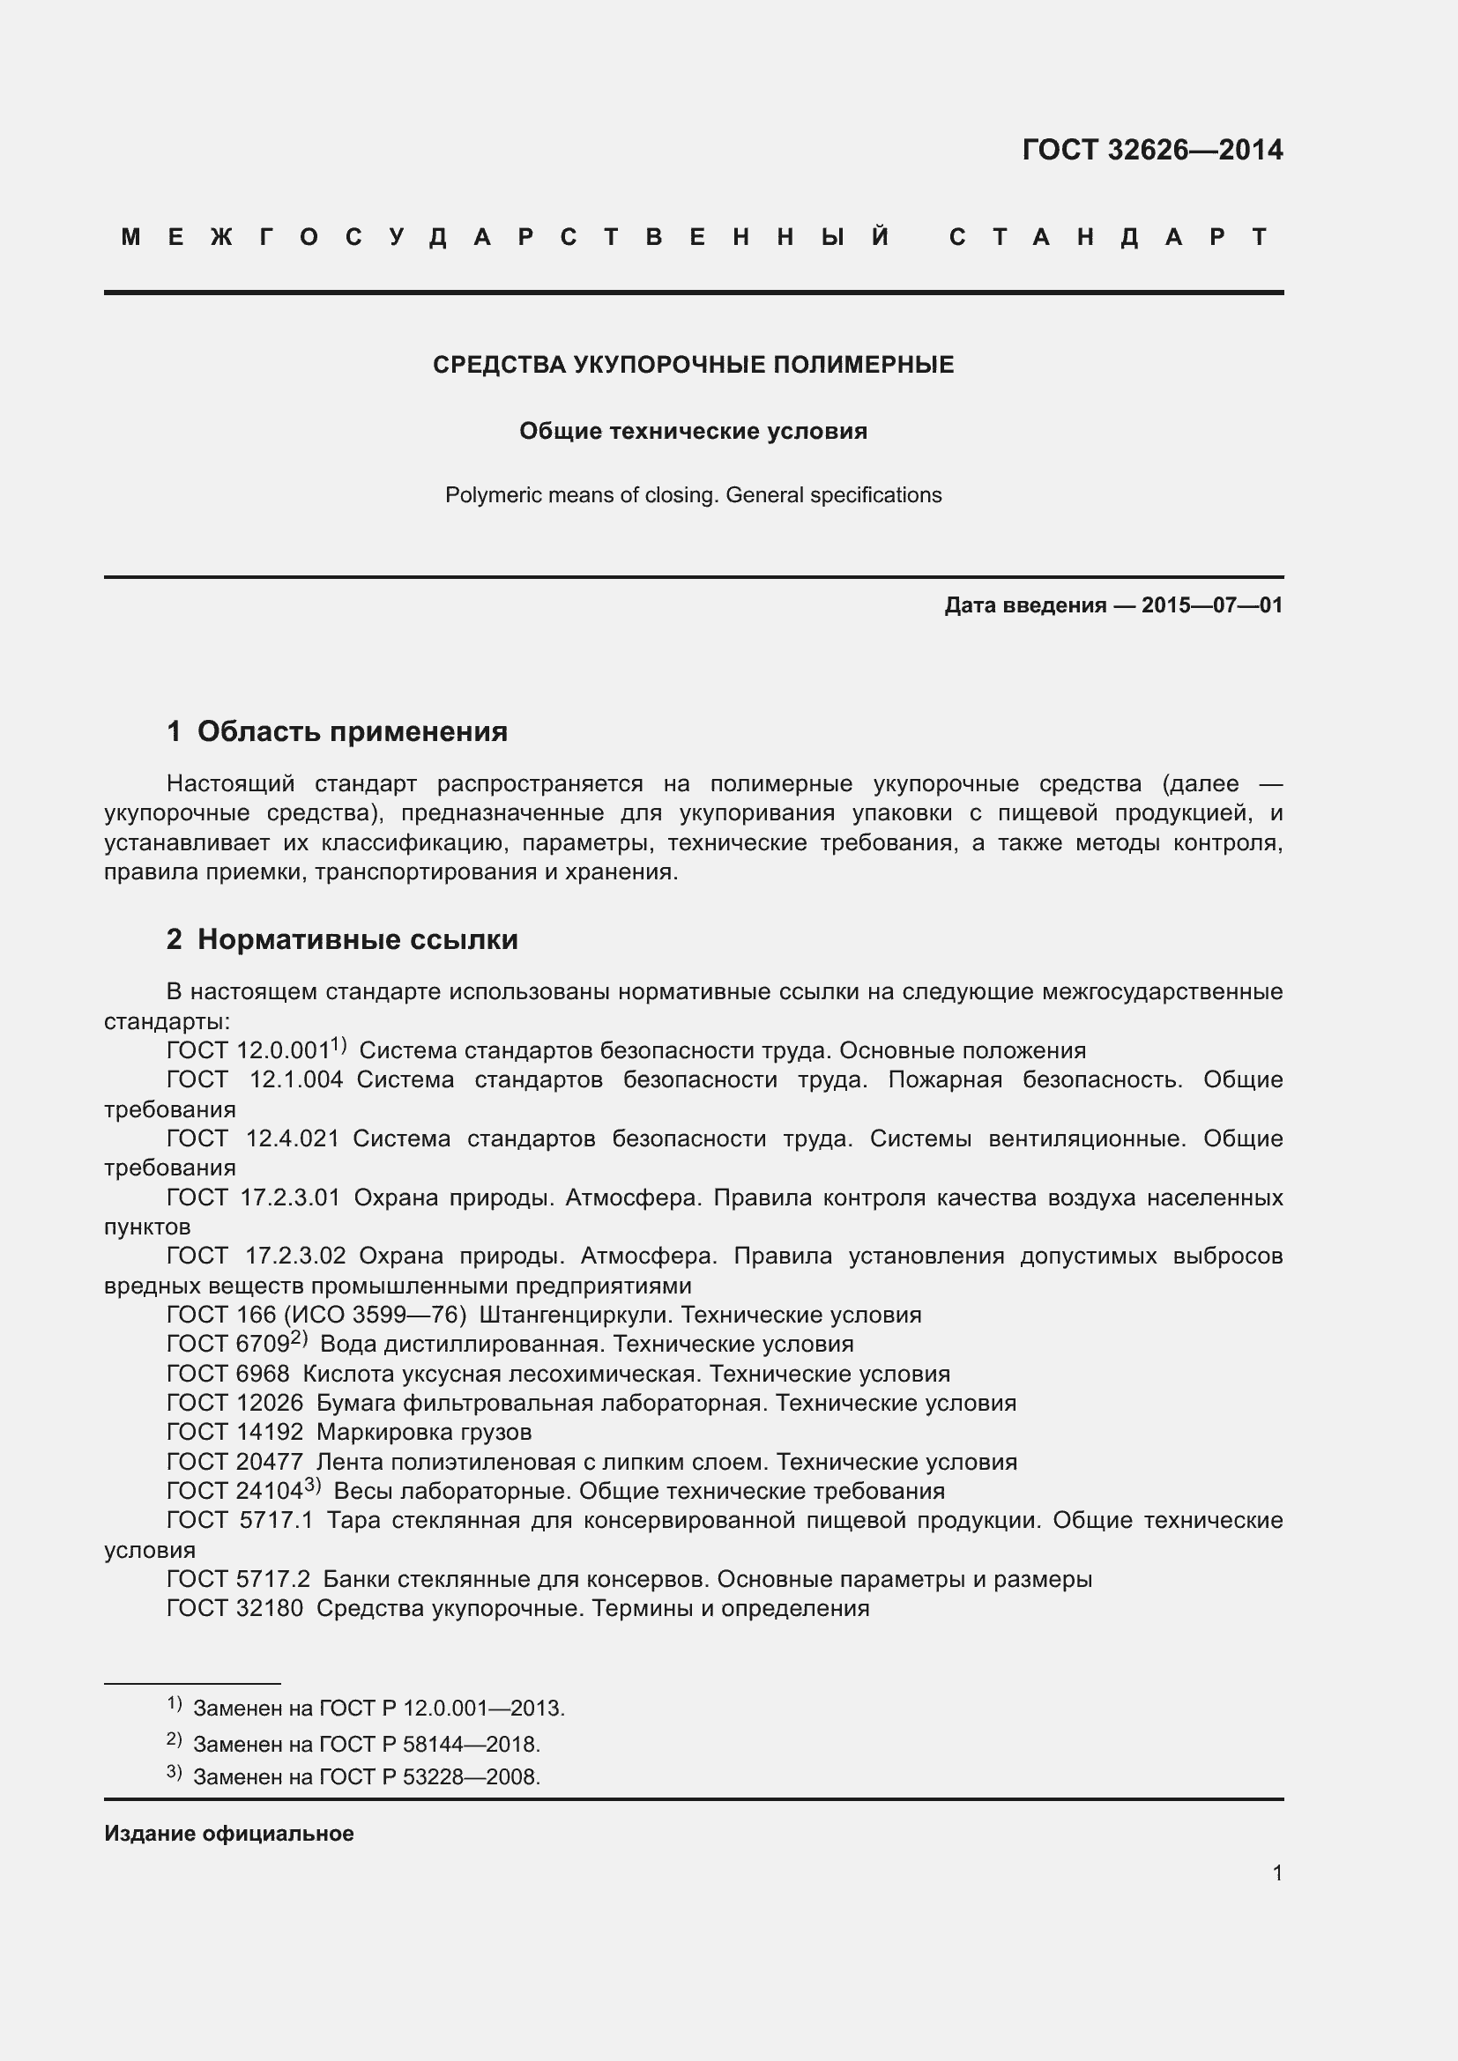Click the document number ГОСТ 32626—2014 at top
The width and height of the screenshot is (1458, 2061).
coord(1152,150)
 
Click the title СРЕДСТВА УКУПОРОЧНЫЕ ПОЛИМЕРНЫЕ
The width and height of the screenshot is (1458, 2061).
coord(693,365)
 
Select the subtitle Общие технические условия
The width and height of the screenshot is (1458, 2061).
coord(693,432)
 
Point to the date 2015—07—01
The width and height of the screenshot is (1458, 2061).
coord(1212,605)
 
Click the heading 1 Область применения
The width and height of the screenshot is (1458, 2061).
coord(338,731)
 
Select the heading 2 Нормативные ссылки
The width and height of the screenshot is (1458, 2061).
coord(342,940)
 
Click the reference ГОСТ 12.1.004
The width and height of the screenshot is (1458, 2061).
coord(255,1080)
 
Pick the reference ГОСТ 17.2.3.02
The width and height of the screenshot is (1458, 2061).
coord(257,1256)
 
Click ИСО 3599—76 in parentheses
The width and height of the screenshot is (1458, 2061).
coord(374,1315)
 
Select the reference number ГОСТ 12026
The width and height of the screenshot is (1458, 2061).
coord(235,1403)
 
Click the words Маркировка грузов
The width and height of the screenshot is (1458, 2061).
coord(424,1433)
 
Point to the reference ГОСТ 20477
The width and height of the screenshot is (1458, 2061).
coord(235,1463)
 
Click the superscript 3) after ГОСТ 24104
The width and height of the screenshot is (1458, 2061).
coord(311,1486)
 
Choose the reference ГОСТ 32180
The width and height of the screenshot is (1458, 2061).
coord(235,1609)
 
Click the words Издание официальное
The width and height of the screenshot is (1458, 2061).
coord(229,1834)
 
